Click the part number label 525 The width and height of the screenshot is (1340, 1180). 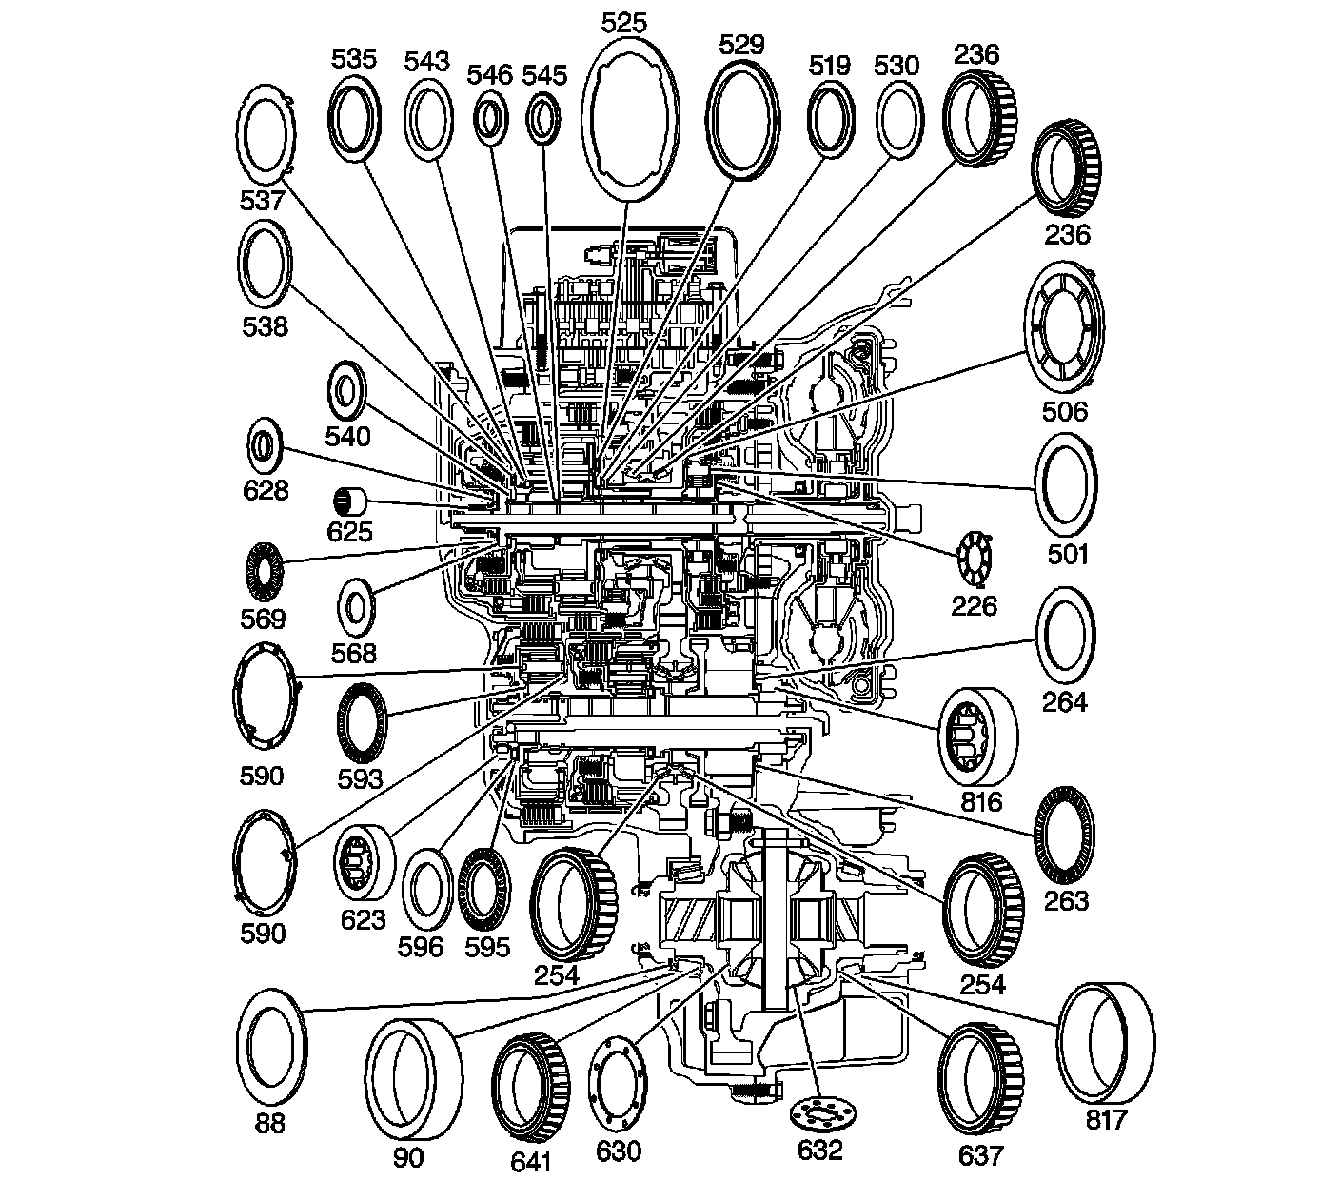click(x=624, y=21)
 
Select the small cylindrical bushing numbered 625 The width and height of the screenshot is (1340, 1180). click(x=351, y=499)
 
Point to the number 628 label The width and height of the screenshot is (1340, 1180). click(x=266, y=490)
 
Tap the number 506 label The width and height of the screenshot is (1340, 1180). click(x=1065, y=411)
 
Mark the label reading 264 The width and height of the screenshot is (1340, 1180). click(x=1065, y=701)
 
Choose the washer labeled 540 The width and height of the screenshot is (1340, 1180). click(x=349, y=391)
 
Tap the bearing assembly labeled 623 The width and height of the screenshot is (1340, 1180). click(x=365, y=863)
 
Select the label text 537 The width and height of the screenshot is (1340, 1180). click(x=263, y=200)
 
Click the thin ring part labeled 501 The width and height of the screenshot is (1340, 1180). click(x=1066, y=484)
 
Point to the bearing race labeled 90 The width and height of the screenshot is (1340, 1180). click(x=414, y=1080)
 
